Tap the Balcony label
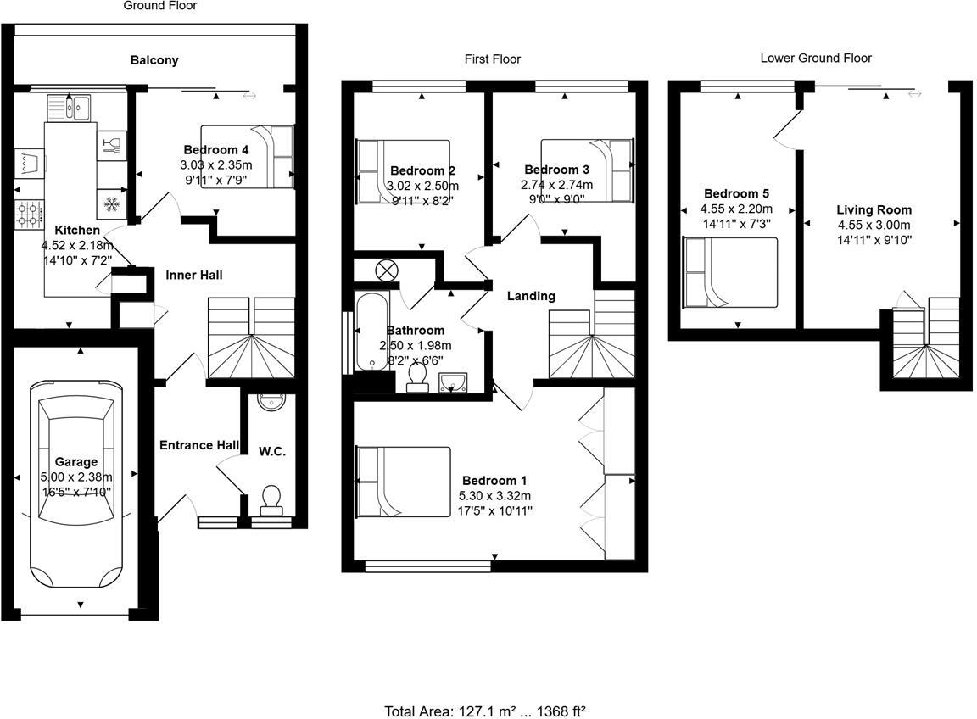point(154,60)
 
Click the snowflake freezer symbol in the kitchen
point(111,203)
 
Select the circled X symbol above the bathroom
point(387,270)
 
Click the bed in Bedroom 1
point(404,482)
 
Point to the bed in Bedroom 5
point(730,273)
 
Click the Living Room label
point(874,209)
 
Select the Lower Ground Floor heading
point(816,58)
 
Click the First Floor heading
point(493,59)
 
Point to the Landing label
point(531,296)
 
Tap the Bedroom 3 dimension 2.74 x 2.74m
point(556,185)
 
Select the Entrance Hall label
point(198,445)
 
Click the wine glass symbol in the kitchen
point(111,144)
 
